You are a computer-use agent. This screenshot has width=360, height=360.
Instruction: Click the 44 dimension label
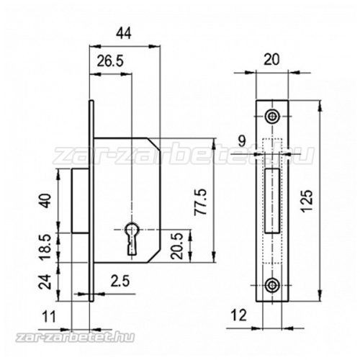tap(124, 33)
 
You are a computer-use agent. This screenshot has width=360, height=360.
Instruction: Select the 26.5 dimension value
tap(110, 60)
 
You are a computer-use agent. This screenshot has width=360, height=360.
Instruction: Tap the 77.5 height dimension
tap(200, 202)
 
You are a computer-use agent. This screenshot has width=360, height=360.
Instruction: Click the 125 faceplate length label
tap(307, 201)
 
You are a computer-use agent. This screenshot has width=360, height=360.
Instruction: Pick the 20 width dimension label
tap(271, 60)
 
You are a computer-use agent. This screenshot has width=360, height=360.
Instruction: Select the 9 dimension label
tap(242, 141)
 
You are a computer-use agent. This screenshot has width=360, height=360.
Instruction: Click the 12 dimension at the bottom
tap(238, 315)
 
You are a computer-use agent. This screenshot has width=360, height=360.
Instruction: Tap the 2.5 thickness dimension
tap(120, 281)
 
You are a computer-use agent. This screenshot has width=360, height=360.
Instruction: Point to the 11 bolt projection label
tap(49, 316)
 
